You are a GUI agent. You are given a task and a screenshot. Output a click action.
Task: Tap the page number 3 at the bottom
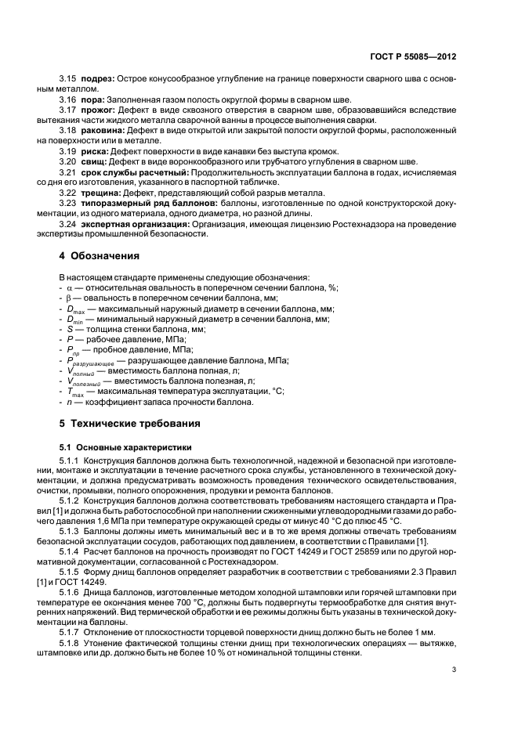point(454,670)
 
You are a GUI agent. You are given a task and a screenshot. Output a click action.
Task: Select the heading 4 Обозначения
point(100,255)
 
